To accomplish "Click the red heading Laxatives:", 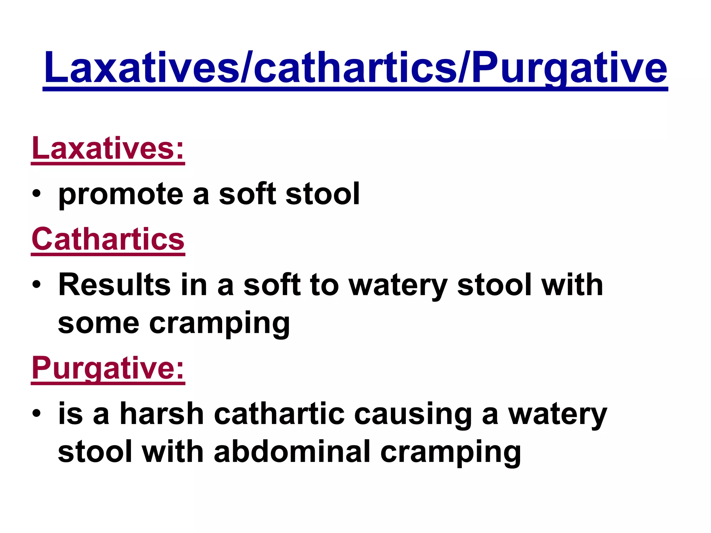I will (x=108, y=148).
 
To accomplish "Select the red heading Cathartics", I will (x=108, y=239).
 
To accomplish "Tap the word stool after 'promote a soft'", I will (x=323, y=194).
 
